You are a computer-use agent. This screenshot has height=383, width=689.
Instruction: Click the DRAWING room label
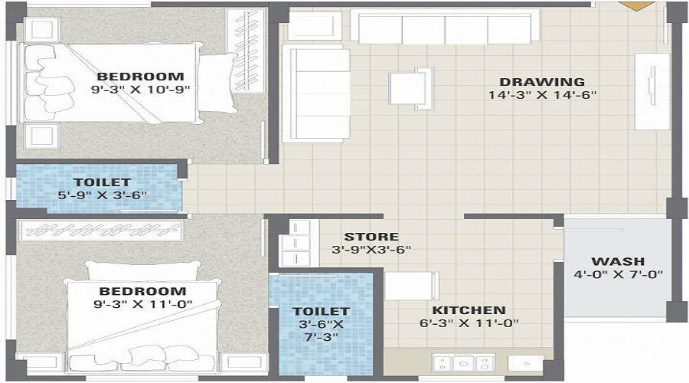(542, 82)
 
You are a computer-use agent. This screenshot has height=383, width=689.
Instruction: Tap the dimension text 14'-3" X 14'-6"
(542, 96)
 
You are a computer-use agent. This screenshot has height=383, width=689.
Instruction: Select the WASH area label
(618, 261)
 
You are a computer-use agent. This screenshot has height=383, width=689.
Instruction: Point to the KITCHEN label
(469, 310)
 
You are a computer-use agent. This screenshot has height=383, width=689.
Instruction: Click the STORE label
(371, 237)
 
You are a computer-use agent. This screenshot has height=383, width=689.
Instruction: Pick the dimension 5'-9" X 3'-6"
(102, 195)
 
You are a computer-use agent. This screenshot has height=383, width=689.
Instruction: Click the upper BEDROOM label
(140, 76)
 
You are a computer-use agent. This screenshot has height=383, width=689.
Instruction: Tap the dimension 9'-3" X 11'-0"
(140, 304)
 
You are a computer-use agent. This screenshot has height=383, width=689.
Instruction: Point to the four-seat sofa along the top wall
(444, 28)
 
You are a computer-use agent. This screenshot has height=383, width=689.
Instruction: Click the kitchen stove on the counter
(462, 363)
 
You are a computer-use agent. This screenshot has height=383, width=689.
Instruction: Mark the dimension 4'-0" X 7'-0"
(618, 275)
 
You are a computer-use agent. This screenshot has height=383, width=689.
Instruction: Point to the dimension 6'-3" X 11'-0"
(469, 323)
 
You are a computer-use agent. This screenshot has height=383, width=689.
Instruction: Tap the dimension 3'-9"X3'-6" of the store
(371, 250)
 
